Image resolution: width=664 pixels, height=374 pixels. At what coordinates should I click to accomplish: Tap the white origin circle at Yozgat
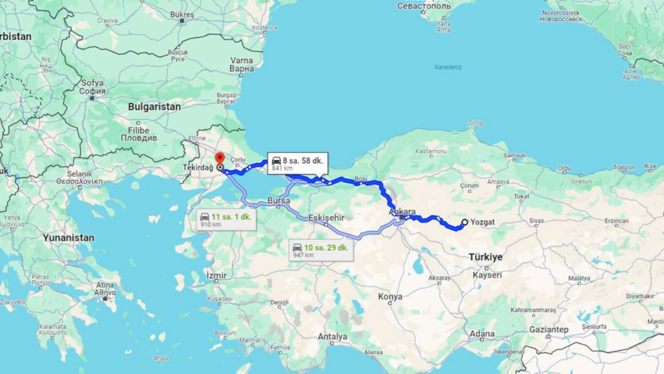(465, 223)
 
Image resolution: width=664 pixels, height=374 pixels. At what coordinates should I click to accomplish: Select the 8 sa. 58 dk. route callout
(297, 163)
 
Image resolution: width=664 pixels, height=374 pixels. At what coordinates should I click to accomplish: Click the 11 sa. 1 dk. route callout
(226, 220)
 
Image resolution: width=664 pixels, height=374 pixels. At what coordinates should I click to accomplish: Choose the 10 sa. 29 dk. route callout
(321, 251)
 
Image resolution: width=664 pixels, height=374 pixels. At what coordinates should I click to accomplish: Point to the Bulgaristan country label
(155, 107)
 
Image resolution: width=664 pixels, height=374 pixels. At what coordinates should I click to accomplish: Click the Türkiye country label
(486, 257)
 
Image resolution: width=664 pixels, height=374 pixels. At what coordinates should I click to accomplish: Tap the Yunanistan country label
(68, 238)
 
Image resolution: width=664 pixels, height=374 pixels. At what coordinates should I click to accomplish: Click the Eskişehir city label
(326, 218)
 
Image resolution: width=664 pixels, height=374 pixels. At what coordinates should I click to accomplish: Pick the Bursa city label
(279, 200)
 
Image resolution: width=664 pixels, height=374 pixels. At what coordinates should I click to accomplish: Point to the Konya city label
(390, 297)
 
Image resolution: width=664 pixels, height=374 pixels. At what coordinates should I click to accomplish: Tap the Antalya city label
(333, 337)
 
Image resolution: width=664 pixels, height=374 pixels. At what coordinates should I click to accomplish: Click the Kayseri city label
(487, 275)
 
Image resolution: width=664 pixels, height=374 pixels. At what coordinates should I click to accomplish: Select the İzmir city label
(217, 274)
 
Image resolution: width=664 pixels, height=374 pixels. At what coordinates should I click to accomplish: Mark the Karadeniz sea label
(448, 67)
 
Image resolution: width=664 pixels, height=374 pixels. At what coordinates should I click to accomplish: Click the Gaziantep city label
(549, 330)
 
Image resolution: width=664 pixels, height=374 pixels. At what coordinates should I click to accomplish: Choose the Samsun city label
(515, 156)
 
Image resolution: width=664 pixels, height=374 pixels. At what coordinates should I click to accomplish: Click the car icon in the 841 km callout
(276, 161)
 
